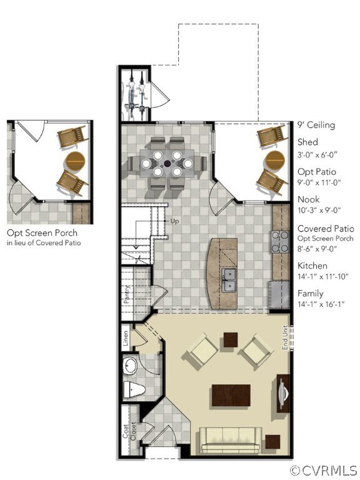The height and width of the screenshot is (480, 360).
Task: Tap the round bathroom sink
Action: pos(132,364)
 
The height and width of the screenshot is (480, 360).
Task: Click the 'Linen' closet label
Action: pos(126,337)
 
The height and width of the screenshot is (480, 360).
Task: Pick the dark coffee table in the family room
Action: pos(232,396)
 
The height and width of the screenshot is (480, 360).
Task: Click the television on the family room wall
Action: pos(284,394)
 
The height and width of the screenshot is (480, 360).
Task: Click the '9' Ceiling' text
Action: pos(316,125)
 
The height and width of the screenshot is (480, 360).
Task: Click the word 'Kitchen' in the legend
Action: pos(312,266)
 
